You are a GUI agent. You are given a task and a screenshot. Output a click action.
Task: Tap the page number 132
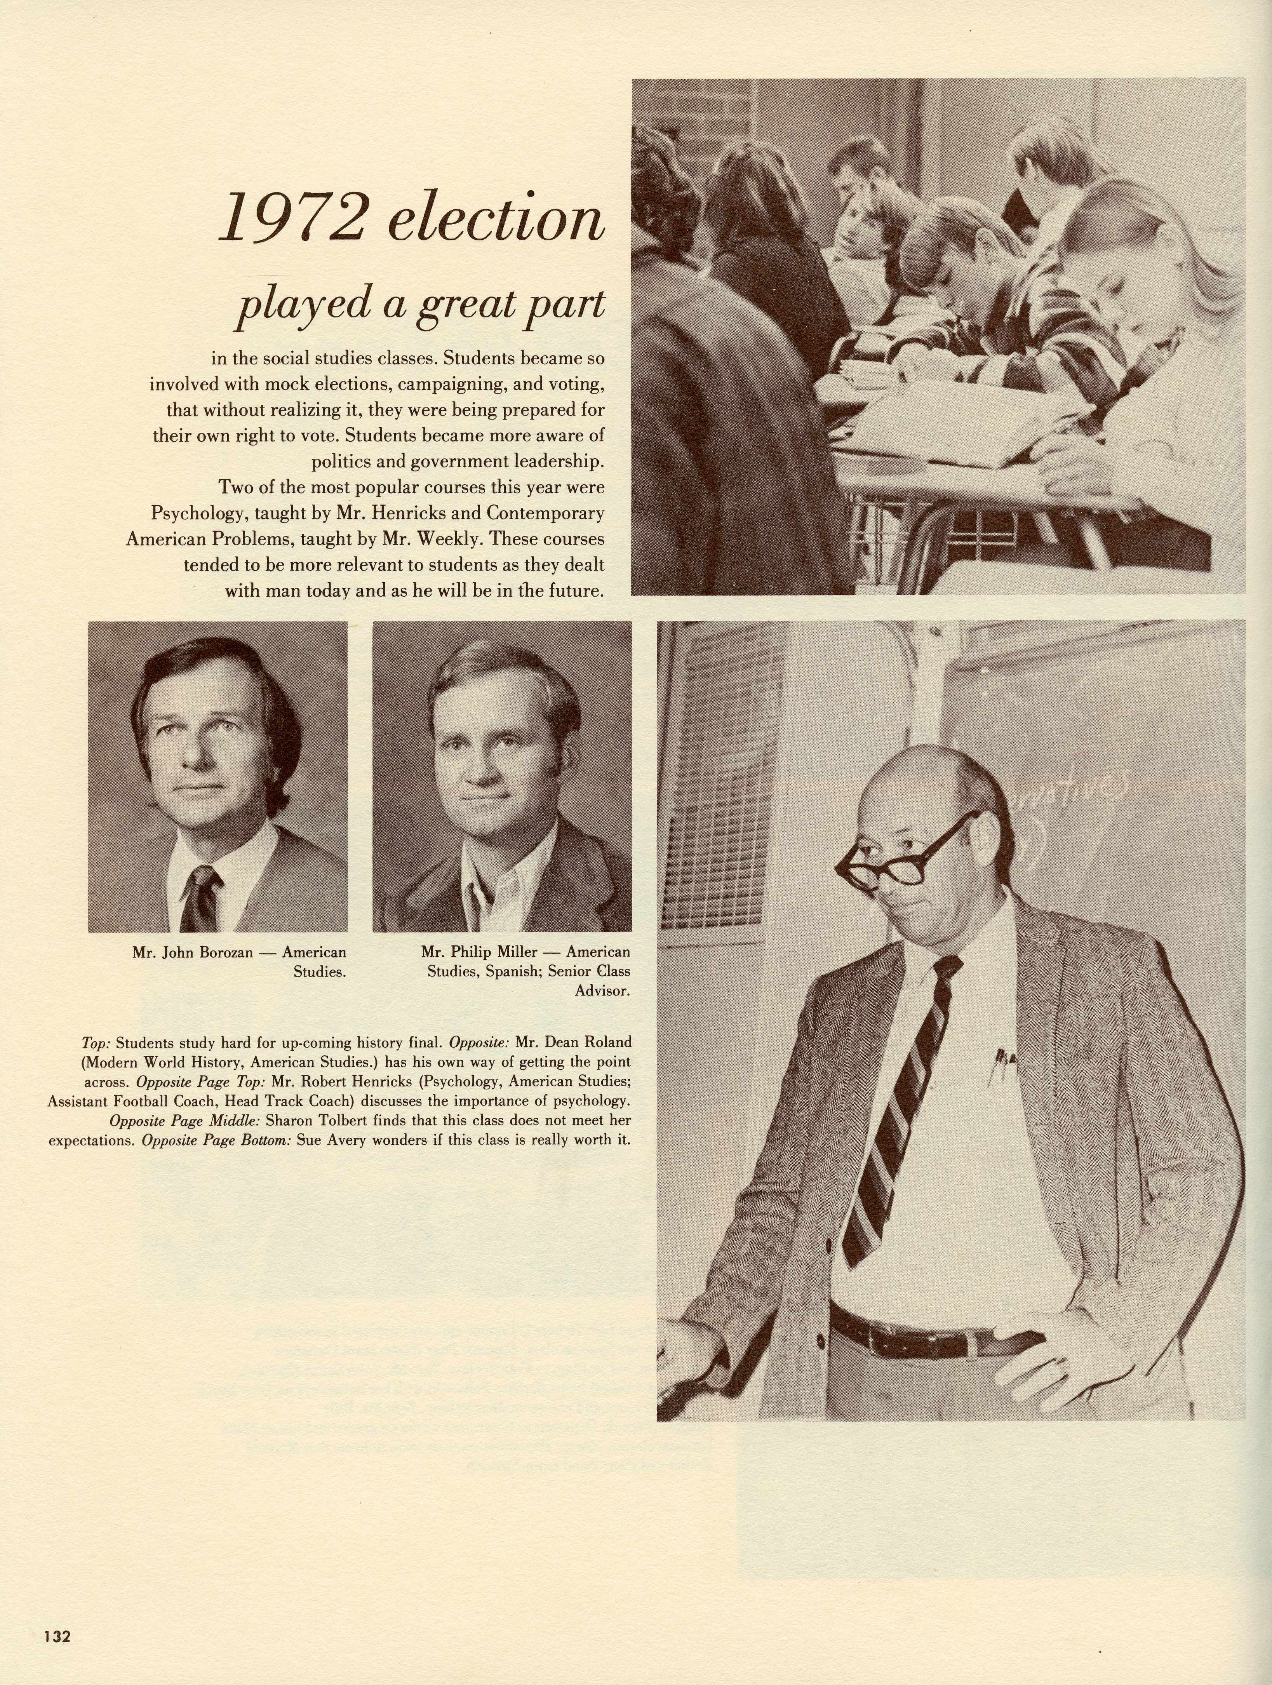pos(56,1633)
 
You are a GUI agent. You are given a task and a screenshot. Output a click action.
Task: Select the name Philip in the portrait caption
pos(479,952)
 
